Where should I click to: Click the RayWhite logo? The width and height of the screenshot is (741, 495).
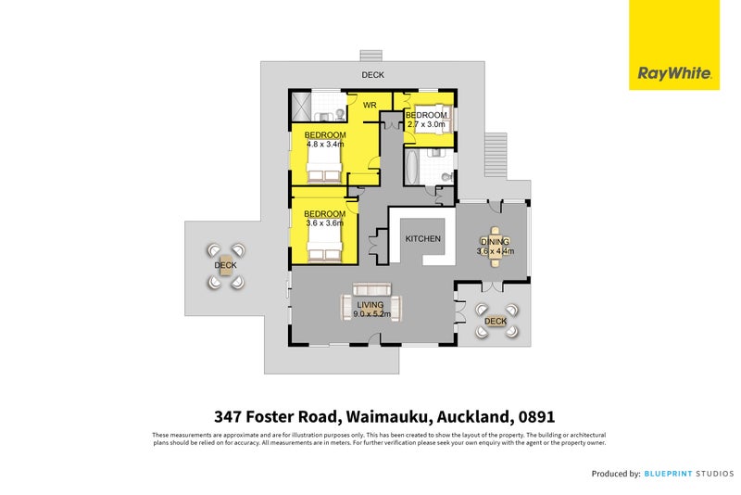click(673, 72)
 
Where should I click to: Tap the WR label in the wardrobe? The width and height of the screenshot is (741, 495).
click(369, 106)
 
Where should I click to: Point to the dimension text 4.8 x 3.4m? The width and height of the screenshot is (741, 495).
click(325, 145)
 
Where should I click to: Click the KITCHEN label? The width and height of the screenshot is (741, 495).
click(422, 239)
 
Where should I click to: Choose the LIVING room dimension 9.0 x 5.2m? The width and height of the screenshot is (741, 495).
click(372, 313)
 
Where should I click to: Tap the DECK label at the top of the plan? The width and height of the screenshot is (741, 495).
click(372, 75)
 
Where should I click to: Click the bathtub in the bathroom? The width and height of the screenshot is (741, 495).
click(411, 167)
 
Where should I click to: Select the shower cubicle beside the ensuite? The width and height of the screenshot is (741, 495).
click(300, 106)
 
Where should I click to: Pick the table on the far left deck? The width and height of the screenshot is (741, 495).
click(225, 265)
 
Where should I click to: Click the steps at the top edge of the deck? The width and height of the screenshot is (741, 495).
click(371, 55)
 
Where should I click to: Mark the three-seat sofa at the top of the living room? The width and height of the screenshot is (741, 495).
click(372, 288)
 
